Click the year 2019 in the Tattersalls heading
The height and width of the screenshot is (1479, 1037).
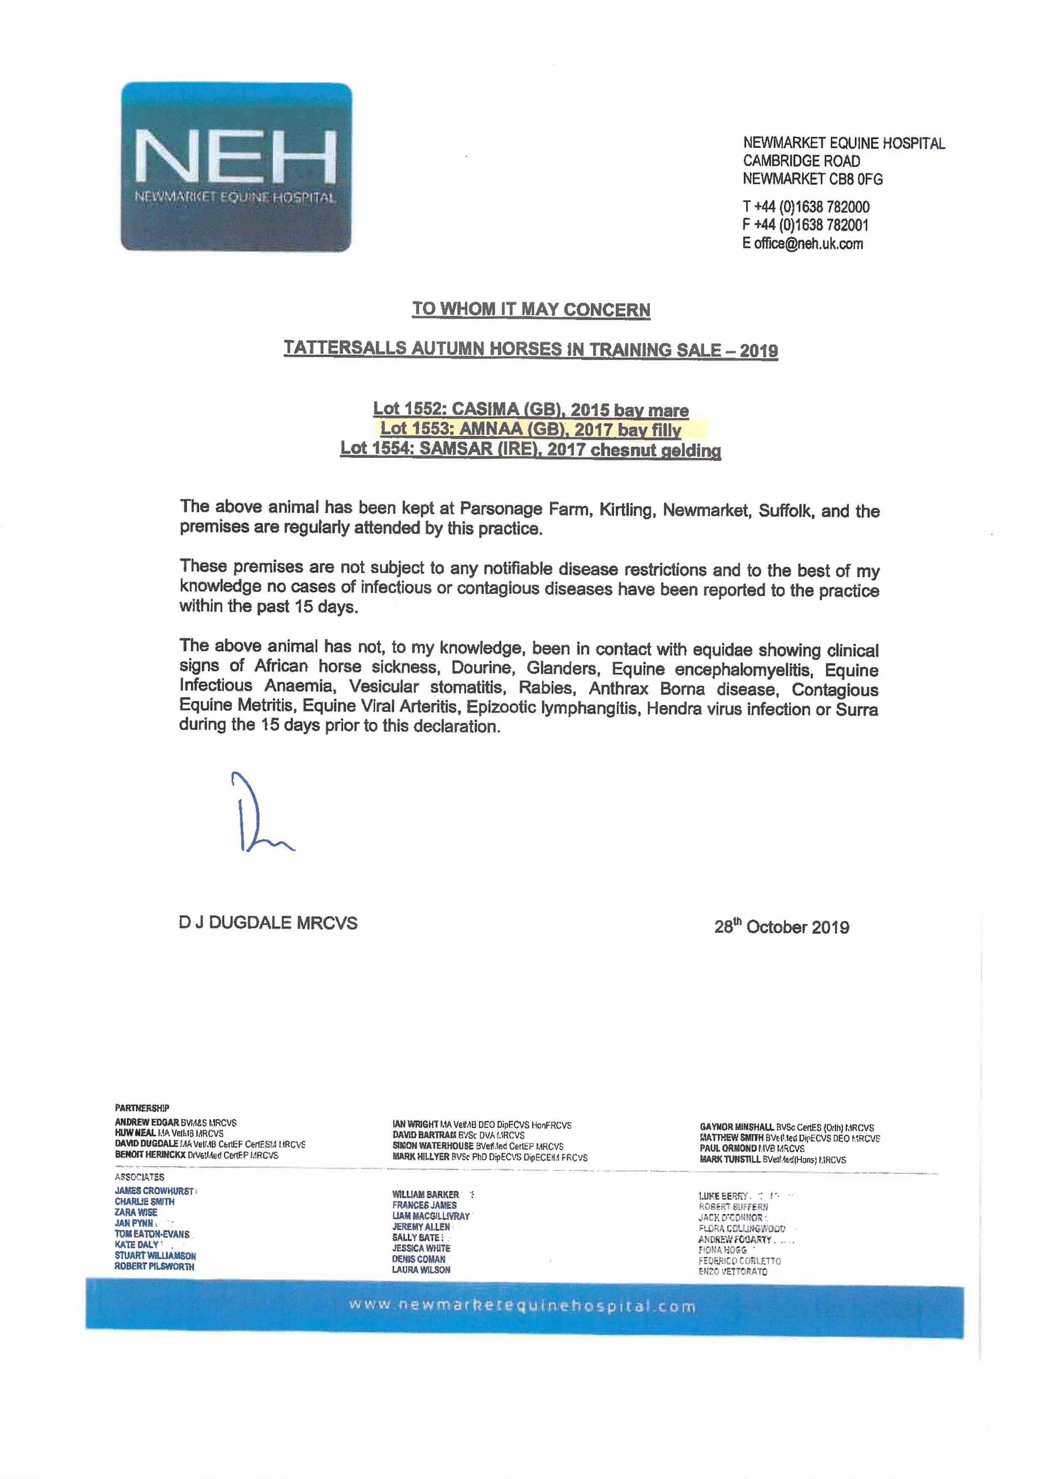tap(758, 351)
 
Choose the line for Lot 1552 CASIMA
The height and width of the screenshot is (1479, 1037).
tap(531, 410)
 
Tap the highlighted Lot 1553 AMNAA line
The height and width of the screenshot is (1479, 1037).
tap(530, 430)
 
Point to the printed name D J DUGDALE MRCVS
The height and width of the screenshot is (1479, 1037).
tap(268, 922)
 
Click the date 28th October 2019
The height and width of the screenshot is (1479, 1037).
tap(781, 927)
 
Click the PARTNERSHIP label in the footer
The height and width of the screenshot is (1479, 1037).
tap(142, 1108)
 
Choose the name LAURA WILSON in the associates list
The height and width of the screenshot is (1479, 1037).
tap(421, 1270)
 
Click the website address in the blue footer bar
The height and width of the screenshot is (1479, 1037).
tap(522, 1306)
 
